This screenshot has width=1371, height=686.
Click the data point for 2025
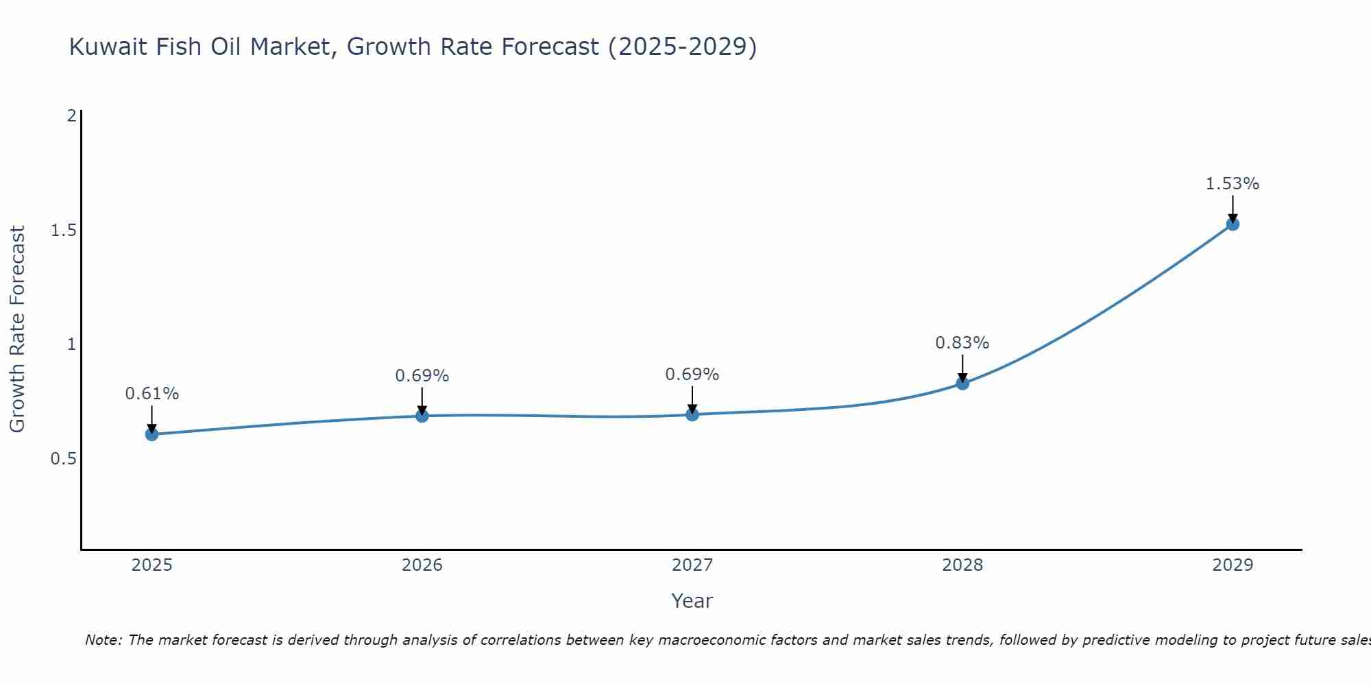[x=151, y=434]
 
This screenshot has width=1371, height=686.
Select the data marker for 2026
[x=422, y=416]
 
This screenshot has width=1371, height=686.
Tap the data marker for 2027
[x=692, y=414]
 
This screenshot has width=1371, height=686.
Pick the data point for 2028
[x=962, y=383]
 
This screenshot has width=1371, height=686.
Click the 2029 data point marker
[x=1232, y=224]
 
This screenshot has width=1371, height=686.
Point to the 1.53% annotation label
[x=1232, y=184]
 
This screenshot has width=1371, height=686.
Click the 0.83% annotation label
[x=962, y=343]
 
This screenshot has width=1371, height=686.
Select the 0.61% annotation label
[x=151, y=394]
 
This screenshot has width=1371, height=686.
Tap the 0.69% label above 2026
[x=422, y=376]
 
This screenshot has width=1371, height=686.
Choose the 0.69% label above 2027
[x=692, y=375]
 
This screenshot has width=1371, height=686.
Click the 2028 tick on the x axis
[x=962, y=565]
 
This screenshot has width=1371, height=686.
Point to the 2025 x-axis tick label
[x=151, y=565]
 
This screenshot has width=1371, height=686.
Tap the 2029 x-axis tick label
[x=1232, y=565]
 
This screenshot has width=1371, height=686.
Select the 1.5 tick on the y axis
[x=63, y=230]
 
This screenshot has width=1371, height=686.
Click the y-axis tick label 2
[x=71, y=116]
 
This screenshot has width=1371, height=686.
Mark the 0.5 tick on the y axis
[x=63, y=459]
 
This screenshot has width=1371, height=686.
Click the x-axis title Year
[x=692, y=601]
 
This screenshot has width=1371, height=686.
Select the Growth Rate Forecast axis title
[x=17, y=329]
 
